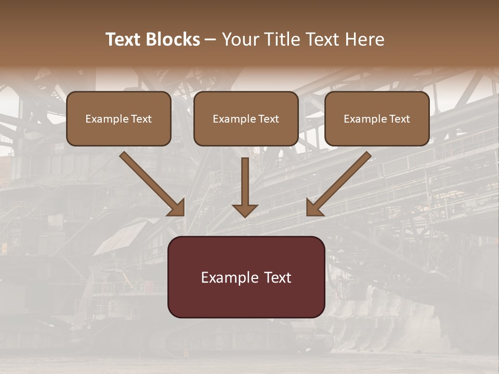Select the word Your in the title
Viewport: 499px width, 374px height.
point(241,39)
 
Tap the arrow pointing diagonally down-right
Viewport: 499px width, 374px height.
point(151,183)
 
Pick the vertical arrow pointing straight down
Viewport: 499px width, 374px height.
point(245,184)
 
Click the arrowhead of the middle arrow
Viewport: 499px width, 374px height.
point(245,210)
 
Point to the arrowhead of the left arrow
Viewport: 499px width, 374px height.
point(177,208)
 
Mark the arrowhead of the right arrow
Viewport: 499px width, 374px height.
point(314,208)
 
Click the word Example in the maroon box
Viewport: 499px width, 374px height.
point(229,278)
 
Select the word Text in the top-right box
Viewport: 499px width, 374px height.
point(399,119)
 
